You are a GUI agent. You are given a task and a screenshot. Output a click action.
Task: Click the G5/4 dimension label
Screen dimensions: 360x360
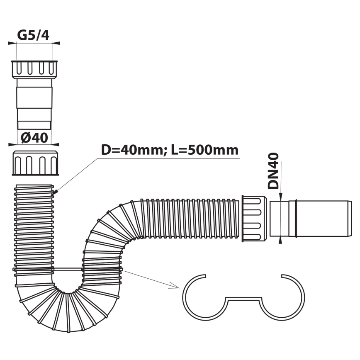33,35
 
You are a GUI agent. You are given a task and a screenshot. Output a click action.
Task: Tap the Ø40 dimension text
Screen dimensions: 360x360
34,137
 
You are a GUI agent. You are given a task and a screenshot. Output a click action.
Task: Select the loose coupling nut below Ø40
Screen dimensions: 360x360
34,163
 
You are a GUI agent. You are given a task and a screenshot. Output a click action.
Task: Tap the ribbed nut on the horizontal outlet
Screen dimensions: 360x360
253,218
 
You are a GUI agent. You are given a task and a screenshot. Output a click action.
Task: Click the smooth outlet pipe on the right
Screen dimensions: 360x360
311,219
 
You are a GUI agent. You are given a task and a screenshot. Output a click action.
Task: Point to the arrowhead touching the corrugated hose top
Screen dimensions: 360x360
55,192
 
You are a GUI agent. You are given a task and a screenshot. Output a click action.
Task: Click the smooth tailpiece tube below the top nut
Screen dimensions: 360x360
34,104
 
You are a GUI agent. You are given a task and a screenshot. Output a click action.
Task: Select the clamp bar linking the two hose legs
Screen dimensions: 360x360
68,269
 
